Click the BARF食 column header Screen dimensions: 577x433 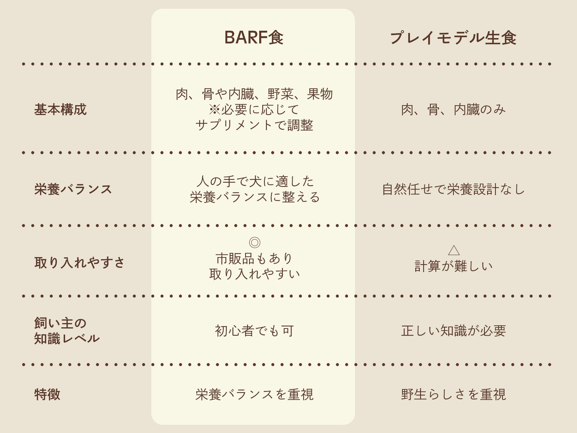[254, 37]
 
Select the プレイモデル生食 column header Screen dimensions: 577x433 [453, 38]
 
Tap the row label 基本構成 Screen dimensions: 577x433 [60, 109]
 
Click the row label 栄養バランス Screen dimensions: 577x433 [73, 189]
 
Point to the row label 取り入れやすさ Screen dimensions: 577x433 [79, 262]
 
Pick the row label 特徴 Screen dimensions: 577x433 [47, 394]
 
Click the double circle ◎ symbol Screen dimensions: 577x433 [254, 242]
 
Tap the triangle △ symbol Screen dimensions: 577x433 [453, 250]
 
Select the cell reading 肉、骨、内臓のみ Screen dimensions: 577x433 [453, 110]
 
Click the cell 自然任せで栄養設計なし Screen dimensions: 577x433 [453, 189]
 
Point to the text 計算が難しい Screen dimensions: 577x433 [453, 266]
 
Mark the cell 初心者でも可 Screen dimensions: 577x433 [254, 331]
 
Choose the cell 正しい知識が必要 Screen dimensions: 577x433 [453, 331]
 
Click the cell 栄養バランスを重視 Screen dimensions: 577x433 [254, 394]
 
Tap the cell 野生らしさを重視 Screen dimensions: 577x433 [453, 394]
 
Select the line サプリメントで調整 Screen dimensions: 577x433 [254, 125]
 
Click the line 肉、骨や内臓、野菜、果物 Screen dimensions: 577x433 [254, 94]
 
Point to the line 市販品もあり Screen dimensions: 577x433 [254, 258]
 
